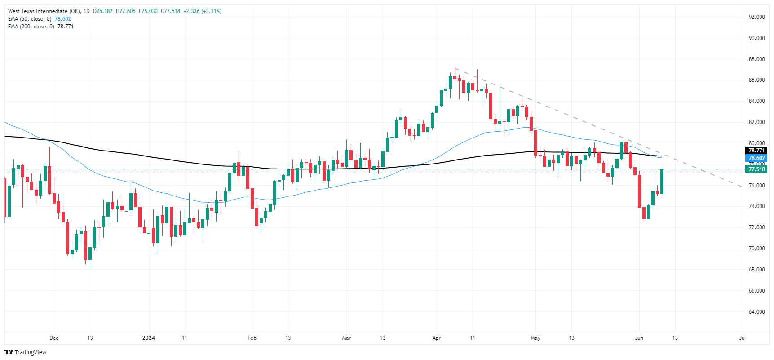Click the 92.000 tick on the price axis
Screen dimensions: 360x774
point(756,17)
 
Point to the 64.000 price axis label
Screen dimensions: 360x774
point(756,312)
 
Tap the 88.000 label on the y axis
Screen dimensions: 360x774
point(756,59)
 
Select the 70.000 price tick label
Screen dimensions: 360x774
point(756,249)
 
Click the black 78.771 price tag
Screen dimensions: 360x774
point(756,151)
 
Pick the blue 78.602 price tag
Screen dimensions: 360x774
point(756,158)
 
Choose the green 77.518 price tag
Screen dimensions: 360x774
point(756,169)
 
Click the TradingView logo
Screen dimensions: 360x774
point(26,352)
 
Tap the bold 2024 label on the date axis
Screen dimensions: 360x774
point(148,338)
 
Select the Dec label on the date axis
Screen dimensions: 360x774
point(54,338)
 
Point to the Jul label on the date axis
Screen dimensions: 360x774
point(742,338)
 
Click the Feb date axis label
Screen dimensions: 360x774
point(252,338)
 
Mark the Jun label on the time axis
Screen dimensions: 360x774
point(639,338)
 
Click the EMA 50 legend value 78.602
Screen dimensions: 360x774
point(63,19)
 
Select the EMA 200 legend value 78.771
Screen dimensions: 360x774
point(66,27)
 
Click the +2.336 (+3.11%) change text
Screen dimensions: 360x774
point(202,11)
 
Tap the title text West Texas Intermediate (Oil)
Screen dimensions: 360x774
point(44,11)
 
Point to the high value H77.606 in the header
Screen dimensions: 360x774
point(125,11)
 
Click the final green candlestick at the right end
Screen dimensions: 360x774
point(662,182)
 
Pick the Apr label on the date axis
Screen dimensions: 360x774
point(436,338)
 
